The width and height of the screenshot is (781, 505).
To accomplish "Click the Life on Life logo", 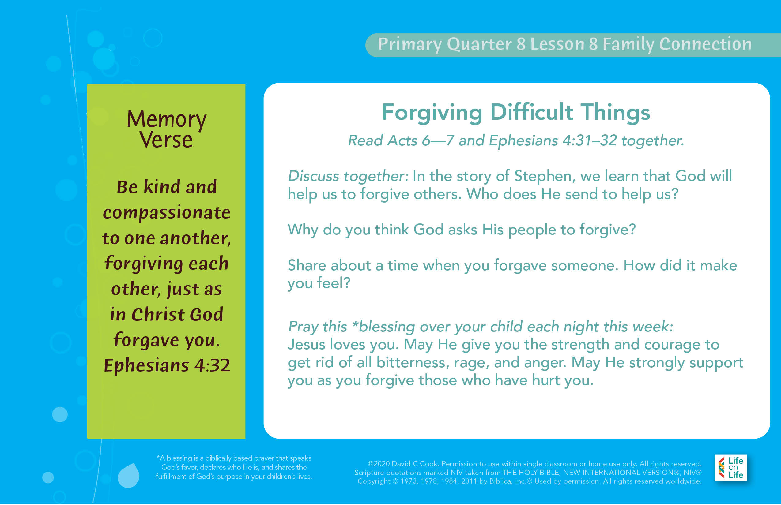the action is [x=731, y=468].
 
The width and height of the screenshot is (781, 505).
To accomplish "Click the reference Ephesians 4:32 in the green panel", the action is [x=167, y=365].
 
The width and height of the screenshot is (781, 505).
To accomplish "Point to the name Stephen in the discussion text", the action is [x=543, y=176].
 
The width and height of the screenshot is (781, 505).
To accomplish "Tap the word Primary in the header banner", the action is [x=410, y=44].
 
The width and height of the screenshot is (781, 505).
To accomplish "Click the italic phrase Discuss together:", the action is [x=348, y=176].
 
